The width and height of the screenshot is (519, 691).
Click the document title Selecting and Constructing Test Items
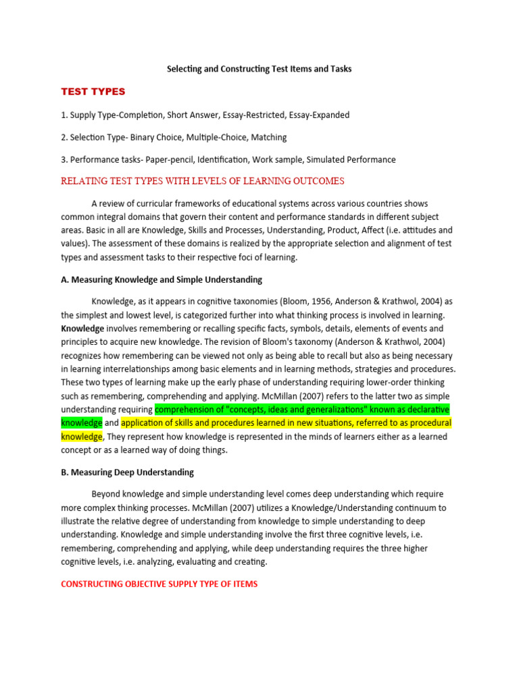click(x=259, y=69)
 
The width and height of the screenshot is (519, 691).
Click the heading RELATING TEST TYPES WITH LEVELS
click(x=203, y=181)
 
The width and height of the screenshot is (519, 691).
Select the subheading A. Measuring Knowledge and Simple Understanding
click(x=162, y=279)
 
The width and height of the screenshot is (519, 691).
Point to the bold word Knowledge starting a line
click(x=82, y=328)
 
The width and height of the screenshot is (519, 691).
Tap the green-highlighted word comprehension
click(x=187, y=410)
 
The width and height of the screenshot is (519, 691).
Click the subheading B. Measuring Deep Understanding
click(x=128, y=472)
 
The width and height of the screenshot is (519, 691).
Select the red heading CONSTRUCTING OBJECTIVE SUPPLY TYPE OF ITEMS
click(x=159, y=584)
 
